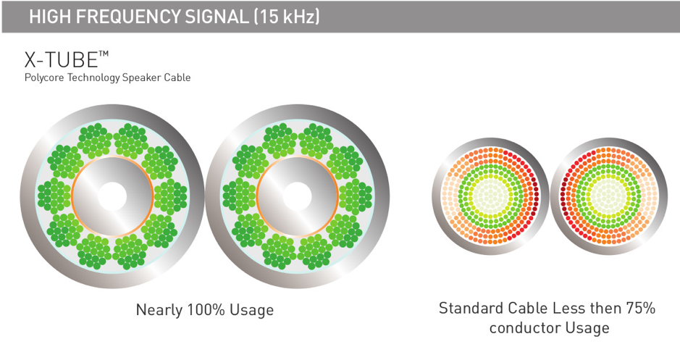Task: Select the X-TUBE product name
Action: (x=61, y=59)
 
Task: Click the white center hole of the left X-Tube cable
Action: (x=112, y=196)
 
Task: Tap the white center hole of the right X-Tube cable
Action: (x=297, y=196)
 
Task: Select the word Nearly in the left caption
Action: (x=159, y=311)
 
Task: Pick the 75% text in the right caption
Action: (x=640, y=308)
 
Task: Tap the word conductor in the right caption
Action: (x=524, y=328)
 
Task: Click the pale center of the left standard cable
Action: (x=490, y=196)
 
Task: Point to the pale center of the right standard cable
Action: (x=609, y=196)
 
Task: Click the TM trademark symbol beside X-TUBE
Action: (x=104, y=54)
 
